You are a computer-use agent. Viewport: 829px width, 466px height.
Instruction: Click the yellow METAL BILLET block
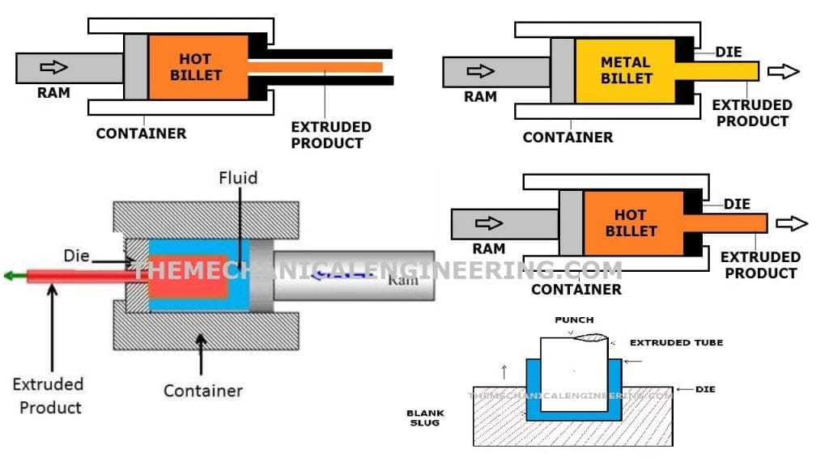(x=625, y=71)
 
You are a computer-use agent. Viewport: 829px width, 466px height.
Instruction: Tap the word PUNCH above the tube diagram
(x=574, y=320)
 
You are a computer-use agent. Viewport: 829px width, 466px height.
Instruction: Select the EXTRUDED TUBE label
(x=676, y=342)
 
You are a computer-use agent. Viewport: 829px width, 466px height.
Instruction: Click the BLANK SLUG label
(x=425, y=417)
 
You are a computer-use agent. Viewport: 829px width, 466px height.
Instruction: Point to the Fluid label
(x=237, y=177)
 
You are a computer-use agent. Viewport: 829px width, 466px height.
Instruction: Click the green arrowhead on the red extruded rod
(x=10, y=276)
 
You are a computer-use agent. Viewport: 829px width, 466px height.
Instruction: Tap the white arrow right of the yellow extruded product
(x=782, y=71)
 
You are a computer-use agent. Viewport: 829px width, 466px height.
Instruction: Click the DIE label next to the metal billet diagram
(x=728, y=53)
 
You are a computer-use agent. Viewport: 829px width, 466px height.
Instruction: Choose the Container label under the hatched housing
(x=202, y=391)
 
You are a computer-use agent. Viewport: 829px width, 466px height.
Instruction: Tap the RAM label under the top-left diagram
(x=53, y=93)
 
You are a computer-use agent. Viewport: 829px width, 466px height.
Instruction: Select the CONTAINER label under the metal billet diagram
(x=568, y=138)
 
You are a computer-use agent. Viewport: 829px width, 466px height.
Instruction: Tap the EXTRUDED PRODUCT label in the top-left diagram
(x=330, y=135)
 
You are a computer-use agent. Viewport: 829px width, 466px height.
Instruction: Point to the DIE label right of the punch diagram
(x=706, y=389)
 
